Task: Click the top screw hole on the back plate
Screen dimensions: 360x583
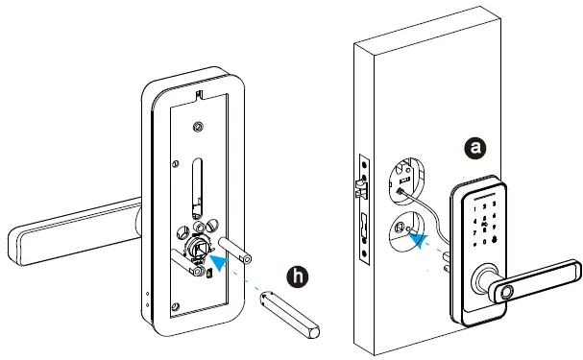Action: [198, 128]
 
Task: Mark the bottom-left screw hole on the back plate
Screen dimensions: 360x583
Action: [173, 308]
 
